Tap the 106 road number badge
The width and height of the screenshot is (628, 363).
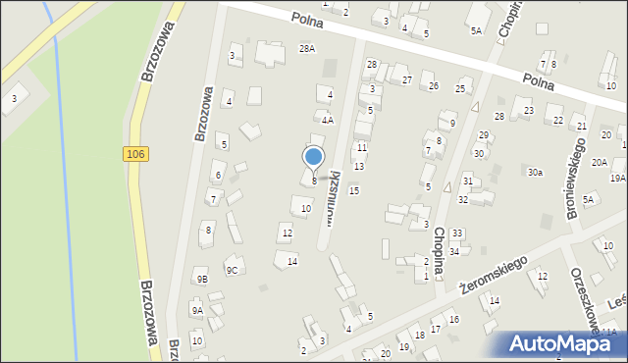pos(136,154)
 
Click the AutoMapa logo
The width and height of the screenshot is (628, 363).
pos(564,344)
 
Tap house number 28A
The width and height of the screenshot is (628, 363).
pos(307,48)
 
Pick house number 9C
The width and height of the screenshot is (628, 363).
pos(232,270)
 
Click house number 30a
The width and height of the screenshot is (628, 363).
pos(535,173)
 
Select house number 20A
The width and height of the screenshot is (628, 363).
pos(599,163)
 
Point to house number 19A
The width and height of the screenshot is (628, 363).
pos(617,178)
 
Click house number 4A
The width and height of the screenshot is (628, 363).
pos(329,120)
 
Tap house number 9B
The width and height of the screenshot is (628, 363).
pos(202,279)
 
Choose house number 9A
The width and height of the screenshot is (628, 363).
pos(197,311)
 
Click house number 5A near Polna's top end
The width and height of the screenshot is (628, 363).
pos(476,31)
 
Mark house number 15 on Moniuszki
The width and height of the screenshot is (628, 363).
pos(353,190)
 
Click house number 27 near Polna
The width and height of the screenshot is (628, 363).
pos(406,79)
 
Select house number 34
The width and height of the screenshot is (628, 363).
pos(454,252)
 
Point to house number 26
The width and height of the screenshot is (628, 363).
pos(433,86)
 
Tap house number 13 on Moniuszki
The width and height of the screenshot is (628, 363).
pos(358,166)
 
